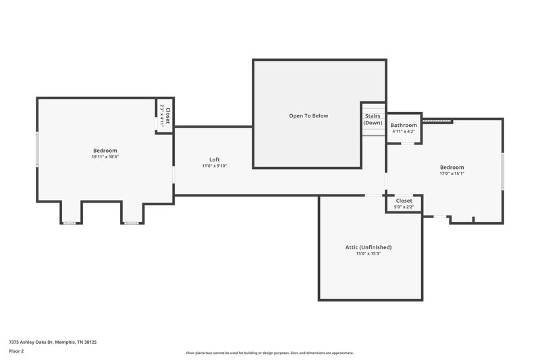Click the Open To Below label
point(308,115)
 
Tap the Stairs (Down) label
point(373,120)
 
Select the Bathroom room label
point(404,125)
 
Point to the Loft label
point(214,159)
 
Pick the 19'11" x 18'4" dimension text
point(105,157)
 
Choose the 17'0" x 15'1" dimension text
point(452,174)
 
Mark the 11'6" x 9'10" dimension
point(214,165)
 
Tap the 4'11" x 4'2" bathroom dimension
point(404,132)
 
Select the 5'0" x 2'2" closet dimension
point(404,207)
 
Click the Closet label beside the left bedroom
point(168,116)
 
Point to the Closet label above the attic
point(404,201)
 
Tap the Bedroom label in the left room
point(105,150)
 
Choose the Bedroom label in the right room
point(452,167)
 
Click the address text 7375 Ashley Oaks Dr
point(53,342)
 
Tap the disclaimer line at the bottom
point(270,353)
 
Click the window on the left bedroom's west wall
point(37,153)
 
